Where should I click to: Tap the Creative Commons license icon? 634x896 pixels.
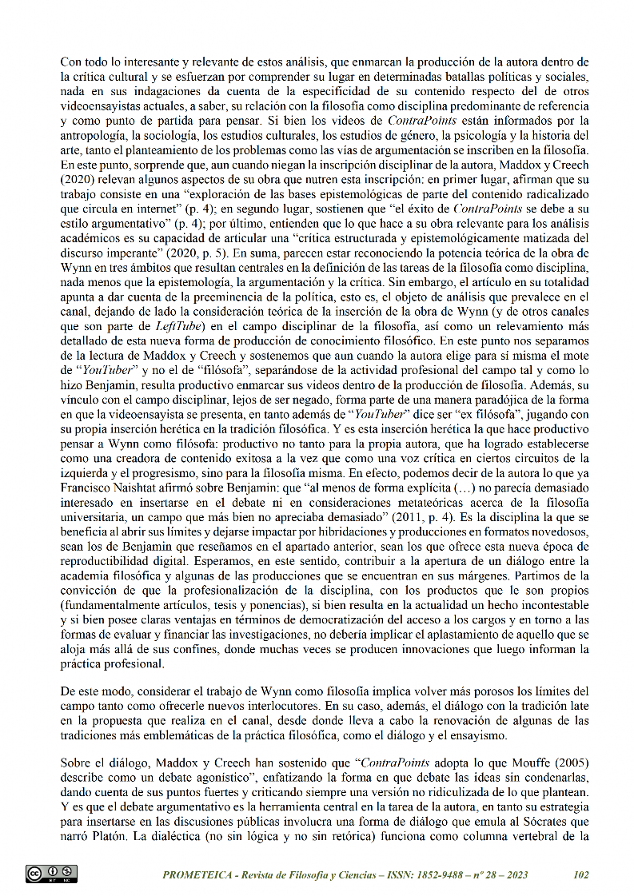click(51, 874)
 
